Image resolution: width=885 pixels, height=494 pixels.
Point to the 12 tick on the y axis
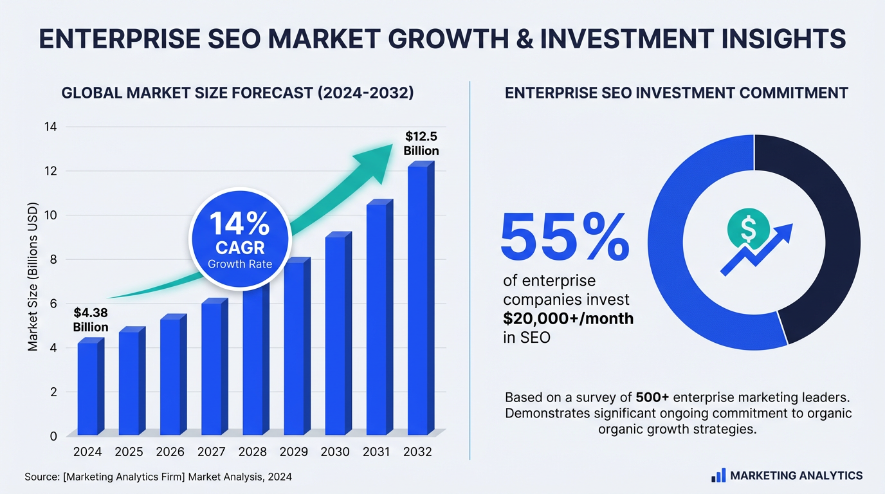pos(51,171)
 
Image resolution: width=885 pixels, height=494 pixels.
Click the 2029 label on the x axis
pos(294,452)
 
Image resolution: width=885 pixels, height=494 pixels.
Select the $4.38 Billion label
pos(91,320)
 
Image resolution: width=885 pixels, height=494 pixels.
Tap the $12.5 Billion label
pos(421,143)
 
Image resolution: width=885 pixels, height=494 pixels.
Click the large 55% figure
pos(565,237)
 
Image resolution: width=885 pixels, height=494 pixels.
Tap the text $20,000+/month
pos(568,318)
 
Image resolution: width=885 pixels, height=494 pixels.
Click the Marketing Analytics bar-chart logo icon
pos(718,476)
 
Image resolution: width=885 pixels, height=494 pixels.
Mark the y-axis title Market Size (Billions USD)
pos(33,277)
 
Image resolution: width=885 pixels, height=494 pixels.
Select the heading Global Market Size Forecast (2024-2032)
pos(237,93)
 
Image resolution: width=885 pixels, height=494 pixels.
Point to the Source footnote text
pos(158,477)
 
